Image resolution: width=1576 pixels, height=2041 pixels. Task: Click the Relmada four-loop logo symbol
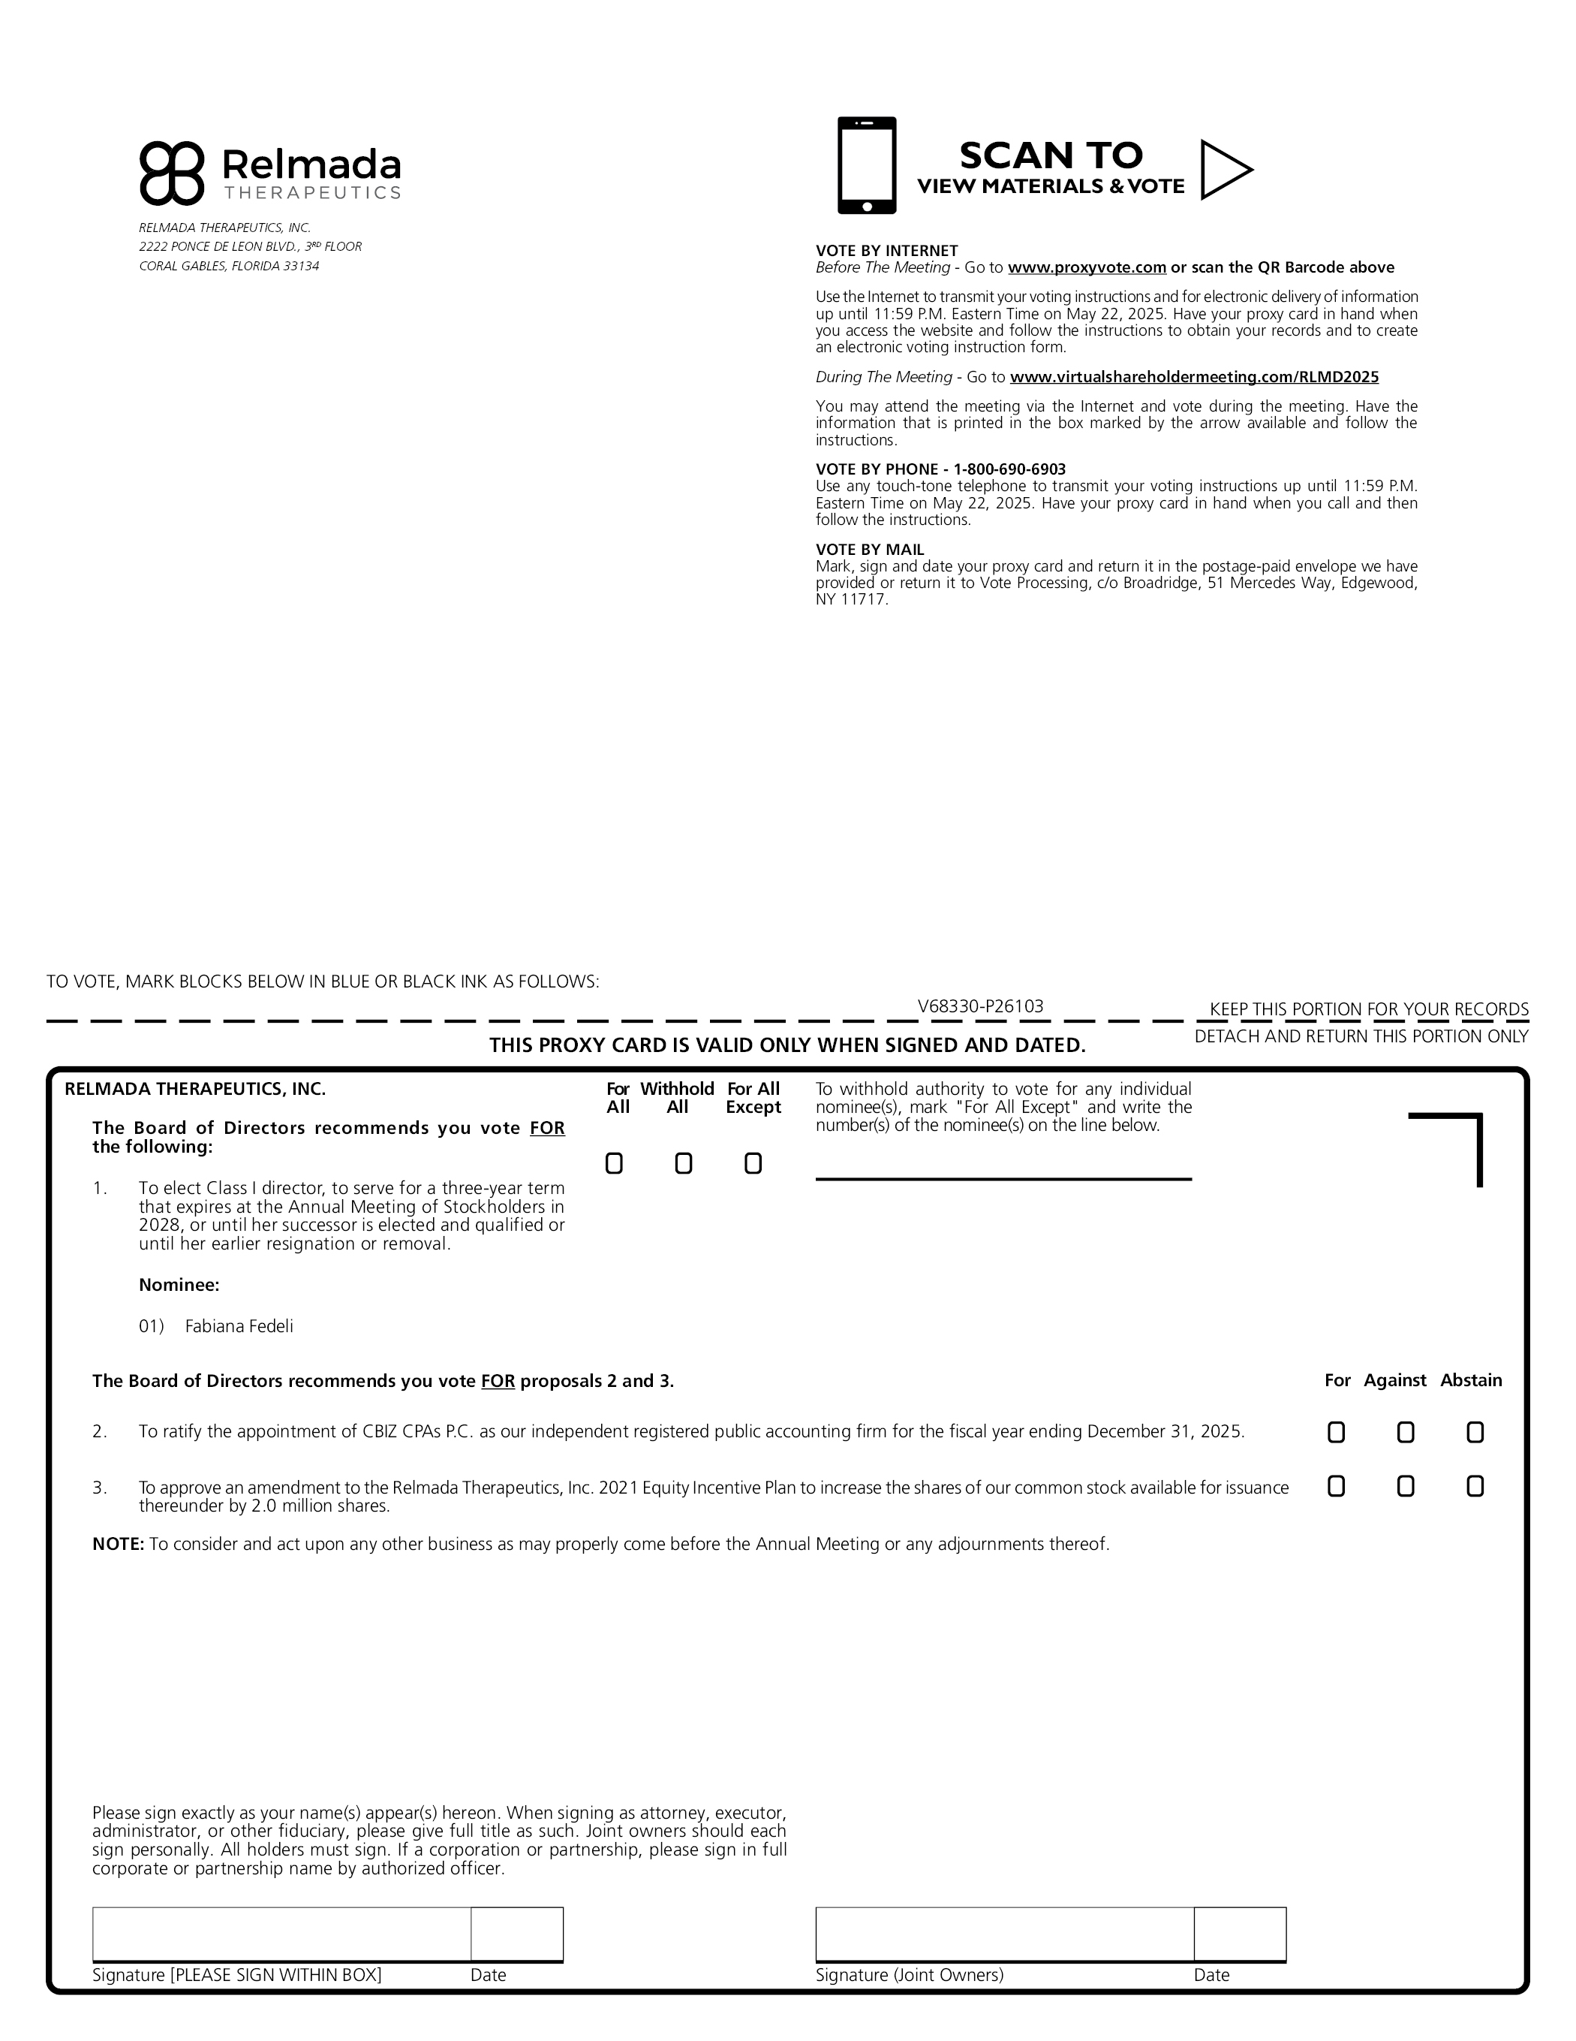tap(171, 173)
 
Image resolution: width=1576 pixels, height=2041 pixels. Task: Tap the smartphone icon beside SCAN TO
tap(866, 165)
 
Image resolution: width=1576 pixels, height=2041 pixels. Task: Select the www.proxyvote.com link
tap(1087, 268)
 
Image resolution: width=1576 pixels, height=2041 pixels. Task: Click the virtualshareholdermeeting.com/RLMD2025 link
tap(1194, 378)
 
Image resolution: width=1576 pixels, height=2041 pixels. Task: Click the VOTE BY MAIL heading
tap(870, 550)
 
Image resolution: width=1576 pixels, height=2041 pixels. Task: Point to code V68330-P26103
tap(980, 1006)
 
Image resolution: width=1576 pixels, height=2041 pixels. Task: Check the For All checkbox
tap(614, 1163)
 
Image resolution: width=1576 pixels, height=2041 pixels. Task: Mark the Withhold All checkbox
tap(684, 1163)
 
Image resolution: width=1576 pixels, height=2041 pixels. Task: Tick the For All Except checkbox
tap(753, 1163)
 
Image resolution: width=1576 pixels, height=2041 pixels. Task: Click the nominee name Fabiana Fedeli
tap(239, 1326)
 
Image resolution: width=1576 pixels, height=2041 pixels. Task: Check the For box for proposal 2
tap(1336, 1433)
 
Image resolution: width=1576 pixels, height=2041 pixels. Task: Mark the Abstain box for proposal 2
tap(1475, 1433)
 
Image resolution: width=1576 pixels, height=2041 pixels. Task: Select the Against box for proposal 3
tap(1405, 1487)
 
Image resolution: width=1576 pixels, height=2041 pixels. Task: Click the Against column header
tap(1395, 1380)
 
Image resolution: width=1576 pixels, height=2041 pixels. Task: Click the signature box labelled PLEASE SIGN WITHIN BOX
tap(281, 1934)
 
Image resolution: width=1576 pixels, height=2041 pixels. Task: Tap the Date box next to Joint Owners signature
tap(1240, 1934)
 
